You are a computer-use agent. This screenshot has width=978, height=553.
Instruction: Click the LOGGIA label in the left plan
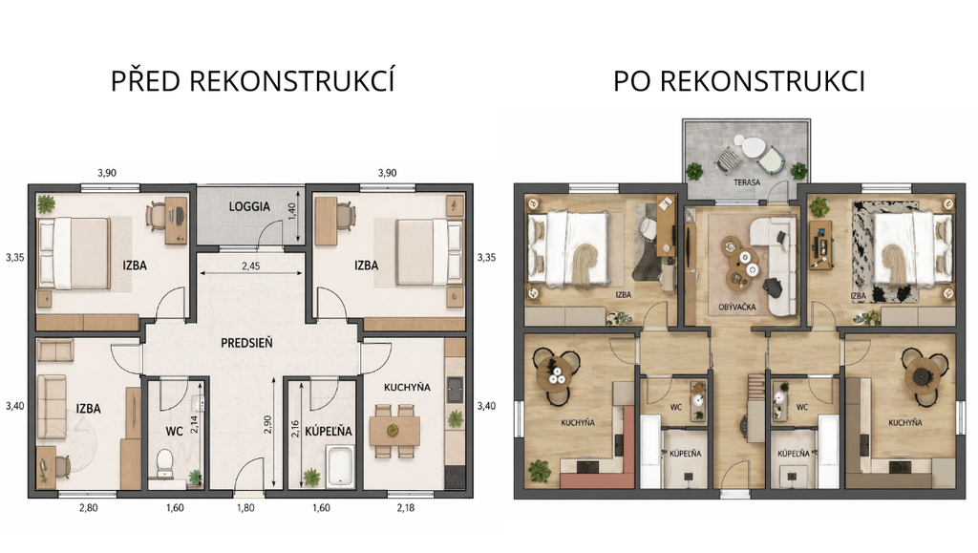(249, 206)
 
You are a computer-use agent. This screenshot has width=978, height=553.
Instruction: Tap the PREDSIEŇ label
(247, 343)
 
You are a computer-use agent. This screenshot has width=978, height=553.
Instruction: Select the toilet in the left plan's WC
(165, 461)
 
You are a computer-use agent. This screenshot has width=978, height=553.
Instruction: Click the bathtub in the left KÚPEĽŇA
(341, 466)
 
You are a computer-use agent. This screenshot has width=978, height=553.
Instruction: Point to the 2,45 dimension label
(251, 266)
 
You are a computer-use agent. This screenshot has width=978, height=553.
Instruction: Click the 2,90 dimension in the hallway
(268, 425)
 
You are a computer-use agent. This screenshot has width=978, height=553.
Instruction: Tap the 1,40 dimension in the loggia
(291, 211)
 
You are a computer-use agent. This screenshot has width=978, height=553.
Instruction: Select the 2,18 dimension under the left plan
(405, 508)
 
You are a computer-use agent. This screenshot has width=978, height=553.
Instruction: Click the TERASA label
(747, 182)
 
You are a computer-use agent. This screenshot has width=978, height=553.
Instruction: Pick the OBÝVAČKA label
(737, 307)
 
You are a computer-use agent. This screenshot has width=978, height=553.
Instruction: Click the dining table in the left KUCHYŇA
(394, 430)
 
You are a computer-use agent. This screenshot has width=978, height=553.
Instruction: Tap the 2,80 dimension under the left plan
(88, 508)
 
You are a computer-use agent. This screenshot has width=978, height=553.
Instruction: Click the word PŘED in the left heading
(146, 81)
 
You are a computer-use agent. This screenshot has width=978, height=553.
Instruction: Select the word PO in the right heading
(633, 82)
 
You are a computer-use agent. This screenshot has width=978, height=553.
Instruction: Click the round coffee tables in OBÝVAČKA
(740, 263)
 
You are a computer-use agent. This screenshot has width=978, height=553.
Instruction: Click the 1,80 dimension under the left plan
(245, 508)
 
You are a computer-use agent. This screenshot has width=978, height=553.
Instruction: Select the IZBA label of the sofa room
(88, 409)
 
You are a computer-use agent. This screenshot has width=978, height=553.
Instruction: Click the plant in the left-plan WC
(196, 478)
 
